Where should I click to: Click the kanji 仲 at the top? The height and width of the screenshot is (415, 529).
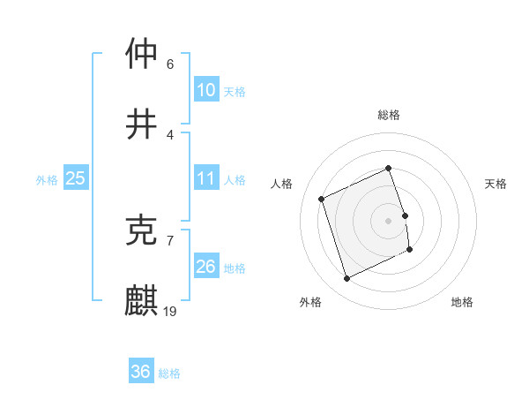tap(142, 55)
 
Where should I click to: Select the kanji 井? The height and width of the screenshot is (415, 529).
tap(142, 124)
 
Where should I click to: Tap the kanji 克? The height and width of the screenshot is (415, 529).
tap(142, 230)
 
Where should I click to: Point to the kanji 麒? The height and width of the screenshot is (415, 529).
tap(142, 301)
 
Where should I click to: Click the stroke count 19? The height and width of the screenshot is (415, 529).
tap(171, 311)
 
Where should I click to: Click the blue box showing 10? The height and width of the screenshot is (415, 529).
tap(206, 90)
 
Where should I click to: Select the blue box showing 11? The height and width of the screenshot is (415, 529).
tap(206, 178)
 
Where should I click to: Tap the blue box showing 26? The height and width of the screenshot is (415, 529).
tap(206, 267)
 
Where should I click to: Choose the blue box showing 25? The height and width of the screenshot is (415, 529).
tap(76, 178)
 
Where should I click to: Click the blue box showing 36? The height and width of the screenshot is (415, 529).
tap(141, 372)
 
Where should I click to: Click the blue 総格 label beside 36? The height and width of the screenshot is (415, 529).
tap(169, 373)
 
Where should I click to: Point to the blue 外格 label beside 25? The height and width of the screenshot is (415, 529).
tap(47, 179)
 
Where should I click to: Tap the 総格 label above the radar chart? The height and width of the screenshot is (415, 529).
tap(389, 115)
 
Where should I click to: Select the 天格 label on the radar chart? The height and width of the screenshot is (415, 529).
tap(495, 184)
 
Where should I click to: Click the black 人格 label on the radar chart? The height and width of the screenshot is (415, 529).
tap(282, 184)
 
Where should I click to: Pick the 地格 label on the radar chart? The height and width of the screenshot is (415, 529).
tap(462, 302)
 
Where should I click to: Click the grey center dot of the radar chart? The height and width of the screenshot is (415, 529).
tap(389, 220)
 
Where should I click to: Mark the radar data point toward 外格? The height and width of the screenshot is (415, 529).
tap(346, 279)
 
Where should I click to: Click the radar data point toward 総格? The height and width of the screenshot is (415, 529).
tap(389, 168)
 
